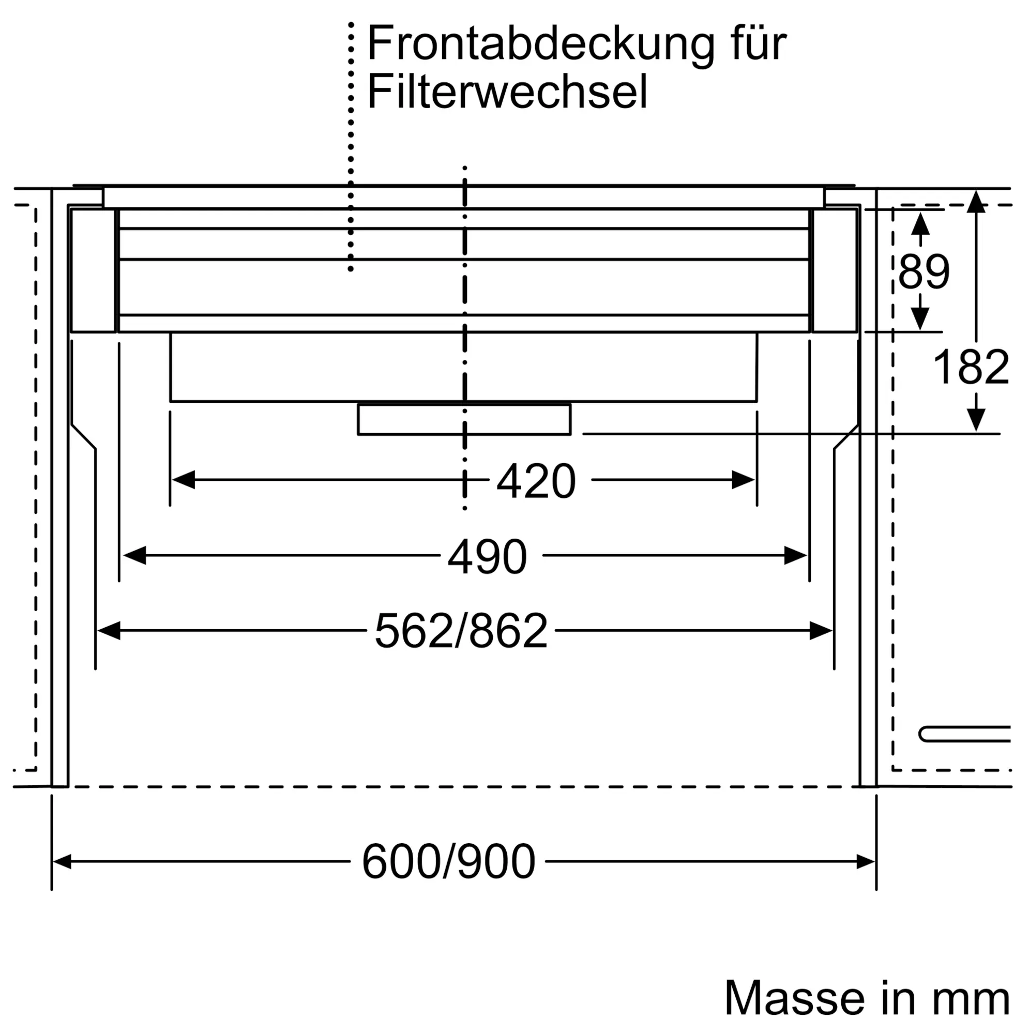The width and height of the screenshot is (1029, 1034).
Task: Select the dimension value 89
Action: (x=924, y=272)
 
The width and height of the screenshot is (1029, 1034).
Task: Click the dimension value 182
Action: (x=970, y=367)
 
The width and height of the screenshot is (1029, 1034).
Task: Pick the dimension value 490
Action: (x=487, y=557)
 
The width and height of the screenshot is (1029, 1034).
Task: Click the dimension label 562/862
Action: (x=461, y=632)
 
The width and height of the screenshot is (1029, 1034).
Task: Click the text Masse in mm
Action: (x=867, y=999)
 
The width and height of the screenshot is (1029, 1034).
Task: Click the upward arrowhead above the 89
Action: (x=920, y=224)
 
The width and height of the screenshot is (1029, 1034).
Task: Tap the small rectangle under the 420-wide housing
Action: (x=464, y=420)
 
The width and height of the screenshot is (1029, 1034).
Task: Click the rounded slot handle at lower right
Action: (x=964, y=734)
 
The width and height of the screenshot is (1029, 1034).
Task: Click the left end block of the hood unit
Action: (x=93, y=270)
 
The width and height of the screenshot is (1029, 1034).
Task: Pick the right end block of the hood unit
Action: (x=834, y=270)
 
